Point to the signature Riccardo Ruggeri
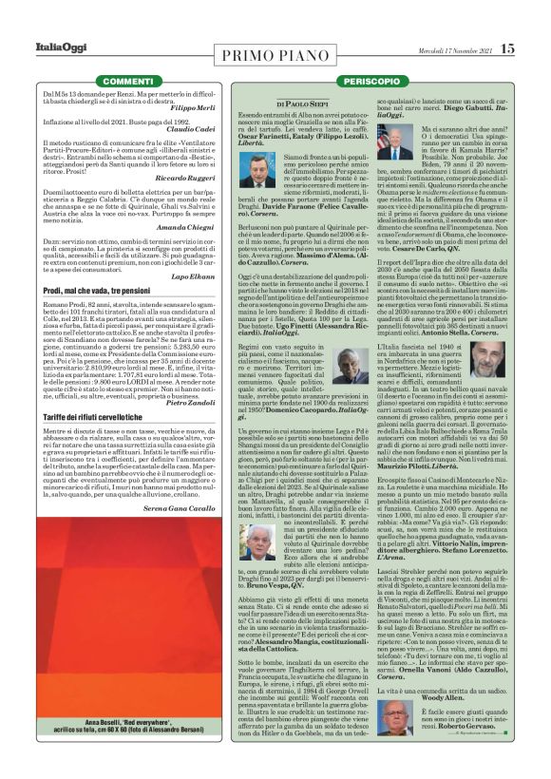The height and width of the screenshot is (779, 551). [187, 178]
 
